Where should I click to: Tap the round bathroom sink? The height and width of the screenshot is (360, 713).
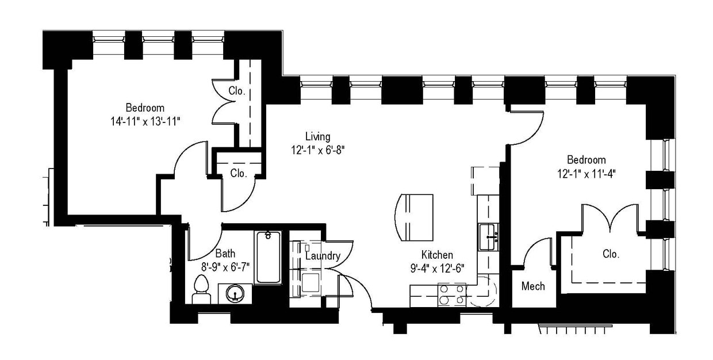click(235, 293)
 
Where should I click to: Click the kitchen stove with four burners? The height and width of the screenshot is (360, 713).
click(453, 294)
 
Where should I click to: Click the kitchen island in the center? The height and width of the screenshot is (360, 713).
click(415, 218)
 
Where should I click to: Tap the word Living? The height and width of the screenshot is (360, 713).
click(317, 137)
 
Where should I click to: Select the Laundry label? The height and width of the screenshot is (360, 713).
click(322, 256)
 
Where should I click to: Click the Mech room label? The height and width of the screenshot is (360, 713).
click(533, 286)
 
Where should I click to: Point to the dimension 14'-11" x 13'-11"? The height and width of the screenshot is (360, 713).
click(145, 121)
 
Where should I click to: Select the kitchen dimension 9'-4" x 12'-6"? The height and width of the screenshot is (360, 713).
click(436, 267)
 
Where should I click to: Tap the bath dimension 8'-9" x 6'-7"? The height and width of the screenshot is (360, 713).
click(225, 266)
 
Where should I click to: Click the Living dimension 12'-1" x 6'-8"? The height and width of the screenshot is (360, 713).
click(317, 150)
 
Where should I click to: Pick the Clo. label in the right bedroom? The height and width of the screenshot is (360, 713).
click(611, 254)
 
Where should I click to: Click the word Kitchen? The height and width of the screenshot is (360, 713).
click(437, 255)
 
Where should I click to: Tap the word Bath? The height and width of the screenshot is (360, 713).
click(225, 253)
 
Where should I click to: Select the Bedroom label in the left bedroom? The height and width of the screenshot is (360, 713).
click(145, 108)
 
